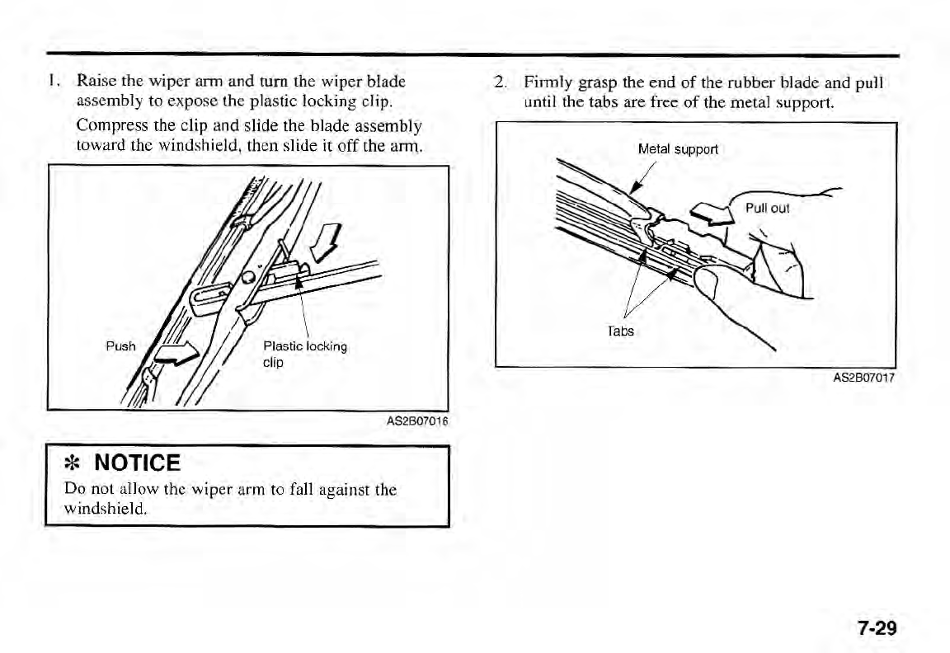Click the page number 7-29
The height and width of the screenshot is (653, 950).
pos(875,628)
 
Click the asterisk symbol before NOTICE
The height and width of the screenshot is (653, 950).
pos(72,463)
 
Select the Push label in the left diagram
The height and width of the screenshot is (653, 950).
pos(120,346)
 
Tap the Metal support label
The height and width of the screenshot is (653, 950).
pos(678,150)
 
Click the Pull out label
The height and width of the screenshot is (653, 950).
pos(767,208)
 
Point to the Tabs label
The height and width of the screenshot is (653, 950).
pos(621,331)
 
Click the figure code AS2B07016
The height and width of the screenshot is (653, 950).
pos(416,422)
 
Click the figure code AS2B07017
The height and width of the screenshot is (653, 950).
pos(863,378)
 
